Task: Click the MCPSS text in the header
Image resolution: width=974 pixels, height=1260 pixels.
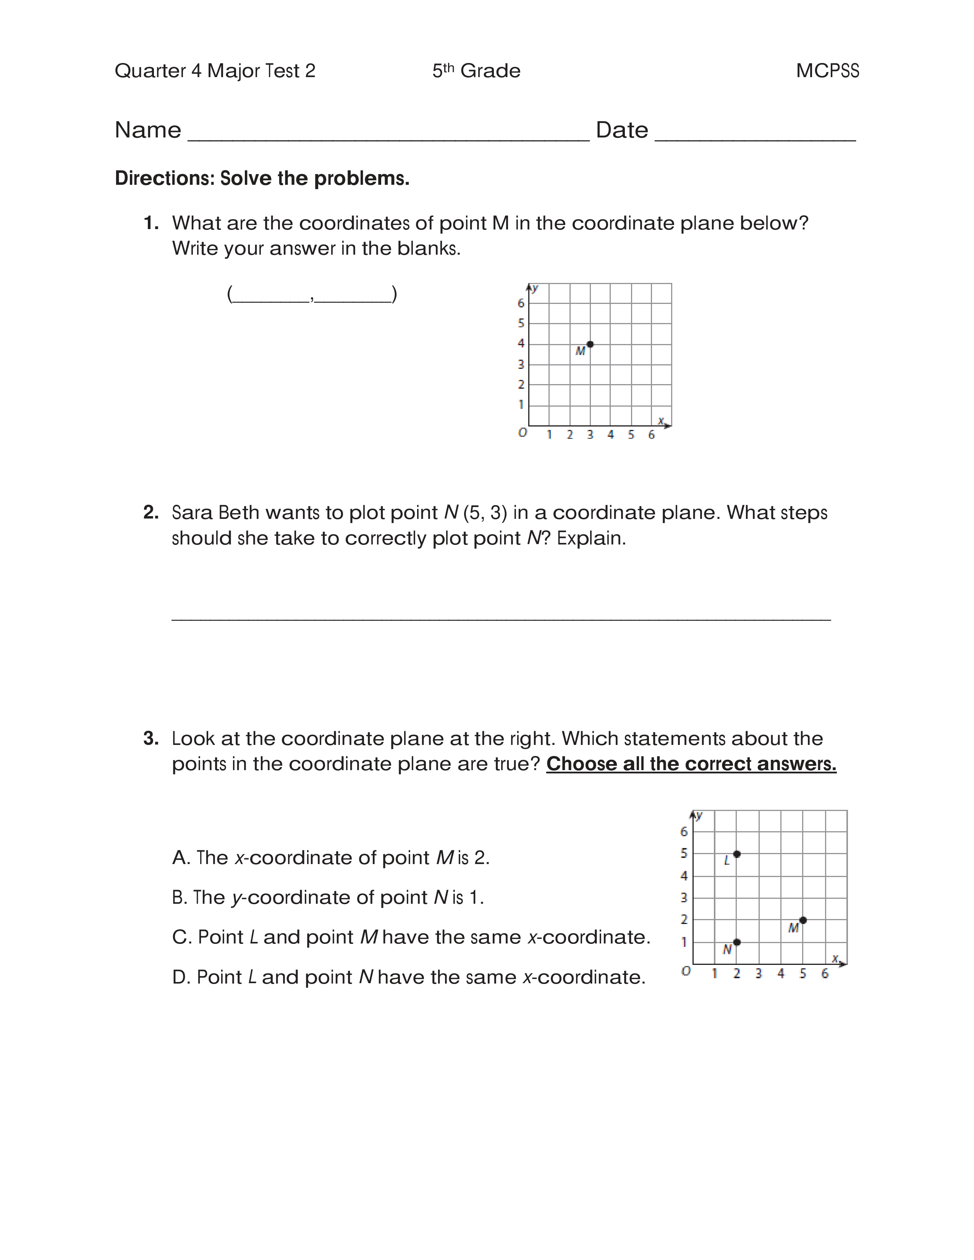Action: (827, 71)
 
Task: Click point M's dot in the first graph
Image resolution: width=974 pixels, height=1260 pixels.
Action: (590, 344)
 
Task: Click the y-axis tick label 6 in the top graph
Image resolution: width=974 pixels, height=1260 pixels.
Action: (521, 303)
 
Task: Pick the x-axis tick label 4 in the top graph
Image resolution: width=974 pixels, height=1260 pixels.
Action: (610, 435)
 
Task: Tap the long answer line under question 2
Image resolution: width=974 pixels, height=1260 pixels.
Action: (501, 619)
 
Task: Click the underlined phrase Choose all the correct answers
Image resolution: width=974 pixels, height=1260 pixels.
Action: (691, 764)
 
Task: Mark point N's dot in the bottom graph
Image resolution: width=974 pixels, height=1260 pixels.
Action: (737, 942)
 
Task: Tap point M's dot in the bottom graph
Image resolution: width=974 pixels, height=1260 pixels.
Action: (802, 920)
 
